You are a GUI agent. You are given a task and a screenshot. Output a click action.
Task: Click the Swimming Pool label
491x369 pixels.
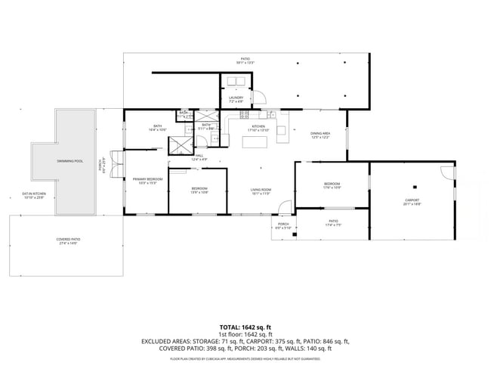(x=69, y=161)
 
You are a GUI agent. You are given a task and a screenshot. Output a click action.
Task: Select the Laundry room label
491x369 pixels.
(x=236, y=99)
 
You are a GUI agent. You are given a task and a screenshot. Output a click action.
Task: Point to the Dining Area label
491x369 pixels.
(x=320, y=135)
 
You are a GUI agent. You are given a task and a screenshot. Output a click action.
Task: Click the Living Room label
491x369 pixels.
(x=261, y=191)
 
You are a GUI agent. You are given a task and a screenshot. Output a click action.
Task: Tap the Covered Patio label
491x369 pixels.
(x=68, y=241)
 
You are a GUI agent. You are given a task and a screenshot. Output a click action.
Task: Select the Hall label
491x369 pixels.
(x=199, y=158)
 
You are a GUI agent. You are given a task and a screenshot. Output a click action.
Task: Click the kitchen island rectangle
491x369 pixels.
(x=259, y=141)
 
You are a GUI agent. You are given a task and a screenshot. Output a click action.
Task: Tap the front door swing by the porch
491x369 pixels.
(x=284, y=206)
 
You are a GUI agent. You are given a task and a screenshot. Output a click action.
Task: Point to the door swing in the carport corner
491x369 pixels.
(x=450, y=172)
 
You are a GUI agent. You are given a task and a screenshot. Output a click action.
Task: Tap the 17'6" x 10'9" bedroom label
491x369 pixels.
(x=332, y=186)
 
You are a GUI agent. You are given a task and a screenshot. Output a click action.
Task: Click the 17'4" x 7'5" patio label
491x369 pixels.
(x=332, y=224)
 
